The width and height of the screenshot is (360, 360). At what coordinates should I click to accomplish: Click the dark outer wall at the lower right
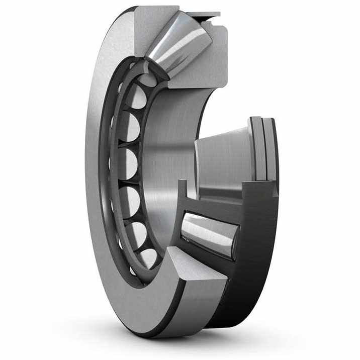pyautogui.click(x=251, y=282)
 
